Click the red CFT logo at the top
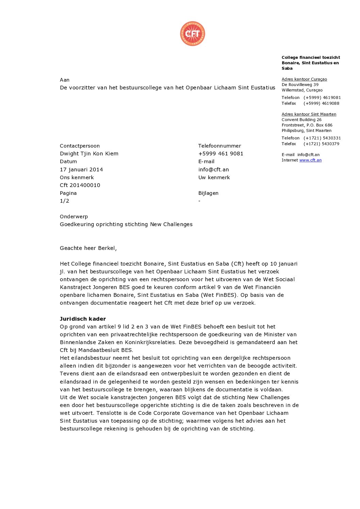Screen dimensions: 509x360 click(193, 34)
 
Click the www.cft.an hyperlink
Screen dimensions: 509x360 click(310, 160)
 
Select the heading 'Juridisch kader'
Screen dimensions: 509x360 click(83, 319)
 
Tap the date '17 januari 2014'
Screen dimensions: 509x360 click(81, 170)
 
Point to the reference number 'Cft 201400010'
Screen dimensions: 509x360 click(80, 185)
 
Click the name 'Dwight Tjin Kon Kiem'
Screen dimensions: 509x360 click(89, 154)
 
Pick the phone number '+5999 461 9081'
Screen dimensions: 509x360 click(221, 154)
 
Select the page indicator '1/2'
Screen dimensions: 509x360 click(64, 201)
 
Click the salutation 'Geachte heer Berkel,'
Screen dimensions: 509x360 click(88, 248)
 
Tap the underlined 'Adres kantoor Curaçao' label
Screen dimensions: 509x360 click(304, 79)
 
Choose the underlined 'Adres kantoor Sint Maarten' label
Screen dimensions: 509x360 click(309, 114)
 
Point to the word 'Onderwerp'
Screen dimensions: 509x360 click(74, 217)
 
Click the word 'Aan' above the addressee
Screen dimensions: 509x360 click(65, 80)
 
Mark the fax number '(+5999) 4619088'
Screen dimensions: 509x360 click(321, 103)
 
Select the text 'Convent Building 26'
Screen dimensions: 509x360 click(301, 120)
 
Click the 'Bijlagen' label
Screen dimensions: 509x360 click(208, 193)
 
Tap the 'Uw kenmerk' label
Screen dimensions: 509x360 click(214, 177)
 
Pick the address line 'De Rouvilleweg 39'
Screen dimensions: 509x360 click(300, 85)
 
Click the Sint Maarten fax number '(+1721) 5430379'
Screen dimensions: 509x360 click(322, 144)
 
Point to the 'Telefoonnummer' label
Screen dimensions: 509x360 click(219, 146)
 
